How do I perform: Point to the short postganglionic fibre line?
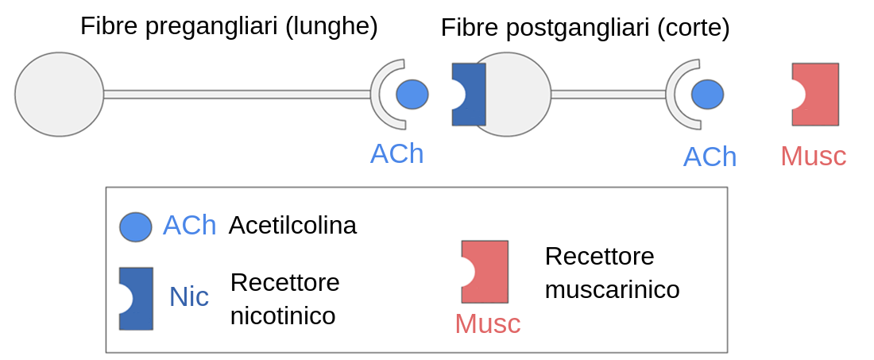608,94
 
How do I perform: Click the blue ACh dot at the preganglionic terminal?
412,94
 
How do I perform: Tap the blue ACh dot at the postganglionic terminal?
707,95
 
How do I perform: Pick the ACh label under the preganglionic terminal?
396,153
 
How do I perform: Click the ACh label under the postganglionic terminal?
710,157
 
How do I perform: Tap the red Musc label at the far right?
813,156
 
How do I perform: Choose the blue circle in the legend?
135,226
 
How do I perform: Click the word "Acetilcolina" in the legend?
292,226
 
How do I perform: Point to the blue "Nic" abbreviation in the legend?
188,297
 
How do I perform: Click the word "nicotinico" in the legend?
283,315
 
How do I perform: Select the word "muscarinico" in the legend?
612,290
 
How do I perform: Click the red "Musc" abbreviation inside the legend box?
487,324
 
